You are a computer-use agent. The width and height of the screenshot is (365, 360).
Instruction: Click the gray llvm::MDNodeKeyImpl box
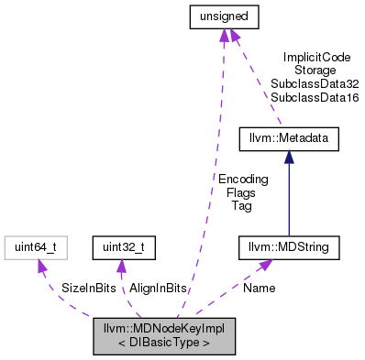(164, 336)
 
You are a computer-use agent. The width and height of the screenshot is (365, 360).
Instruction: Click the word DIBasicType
(164, 344)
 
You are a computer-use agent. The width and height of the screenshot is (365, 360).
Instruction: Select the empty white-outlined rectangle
(36, 247)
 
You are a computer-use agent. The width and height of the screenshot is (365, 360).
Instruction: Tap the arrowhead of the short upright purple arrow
(120, 266)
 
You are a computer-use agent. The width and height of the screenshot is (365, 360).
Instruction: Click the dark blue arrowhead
(289, 157)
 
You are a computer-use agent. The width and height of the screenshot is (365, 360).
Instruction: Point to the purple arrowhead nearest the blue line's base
(265, 265)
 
